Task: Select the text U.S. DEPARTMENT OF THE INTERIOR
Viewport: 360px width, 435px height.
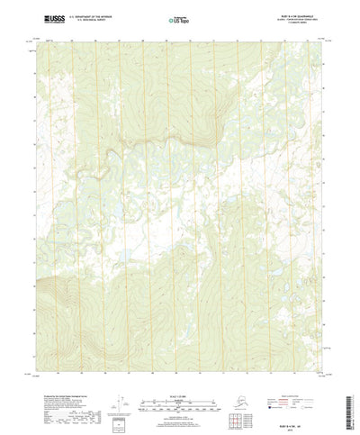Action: [x=91, y=15]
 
